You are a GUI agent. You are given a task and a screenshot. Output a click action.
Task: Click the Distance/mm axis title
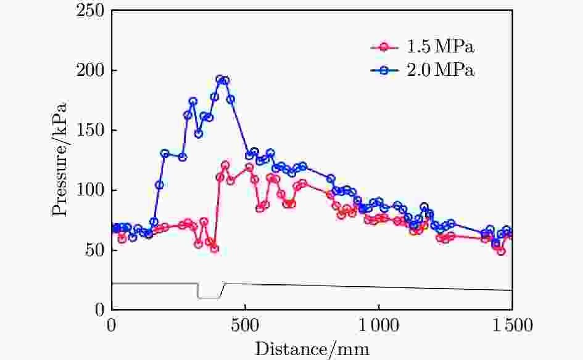click(x=312, y=349)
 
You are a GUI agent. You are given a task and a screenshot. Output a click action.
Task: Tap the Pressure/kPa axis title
click(x=59, y=159)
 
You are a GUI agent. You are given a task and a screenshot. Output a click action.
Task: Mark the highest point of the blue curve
click(x=220, y=79)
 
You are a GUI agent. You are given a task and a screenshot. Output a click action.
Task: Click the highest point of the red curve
click(x=225, y=165)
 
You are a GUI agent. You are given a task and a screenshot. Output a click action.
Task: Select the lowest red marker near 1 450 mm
click(x=502, y=251)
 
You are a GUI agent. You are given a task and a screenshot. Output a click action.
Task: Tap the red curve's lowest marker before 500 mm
click(x=215, y=249)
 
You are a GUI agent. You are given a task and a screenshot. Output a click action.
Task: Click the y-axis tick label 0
click(x=98, y=310)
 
